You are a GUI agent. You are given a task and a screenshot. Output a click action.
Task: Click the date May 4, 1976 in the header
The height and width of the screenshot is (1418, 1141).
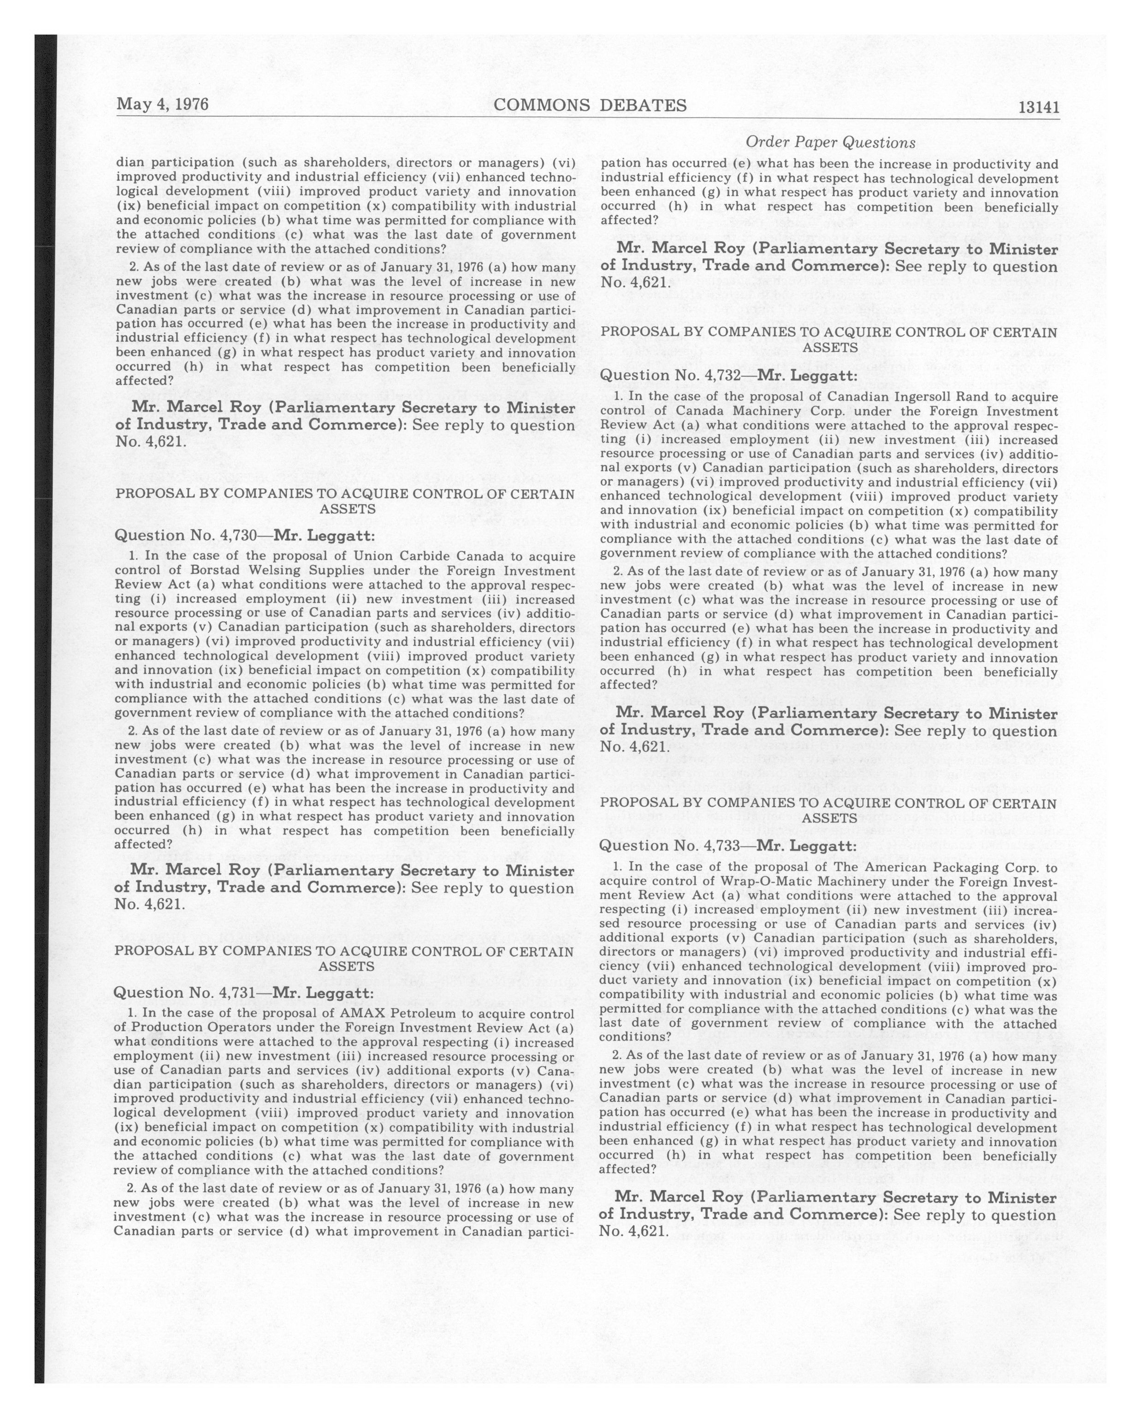(162, 105)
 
